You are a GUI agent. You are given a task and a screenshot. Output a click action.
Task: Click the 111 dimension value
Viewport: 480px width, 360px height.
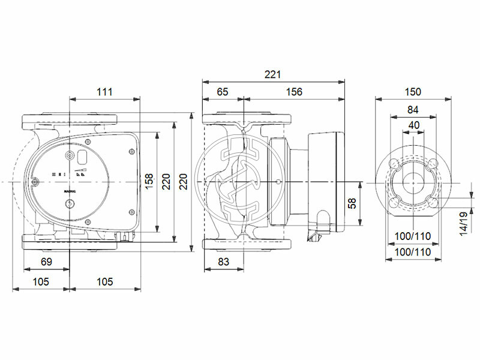pyautogui.click(x=104, y=92)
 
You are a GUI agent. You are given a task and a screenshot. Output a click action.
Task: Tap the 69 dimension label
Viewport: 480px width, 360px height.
pyautogui.click(x=46, y=262)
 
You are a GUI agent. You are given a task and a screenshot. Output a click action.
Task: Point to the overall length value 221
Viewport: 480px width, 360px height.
pyautogui.click(x=272, y=74)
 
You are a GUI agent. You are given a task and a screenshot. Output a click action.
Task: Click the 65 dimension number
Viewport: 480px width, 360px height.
pyautogui.click(x=223, y=92)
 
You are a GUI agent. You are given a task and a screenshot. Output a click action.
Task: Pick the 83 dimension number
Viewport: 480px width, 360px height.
pyautogui.click(x=223, y=262)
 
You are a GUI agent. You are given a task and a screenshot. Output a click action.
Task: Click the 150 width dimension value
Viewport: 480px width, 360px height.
pyautogui.click(x=413, y=92)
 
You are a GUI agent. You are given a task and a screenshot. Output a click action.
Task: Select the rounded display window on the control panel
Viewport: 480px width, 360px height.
pyautogui.click(x=80, y=158)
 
